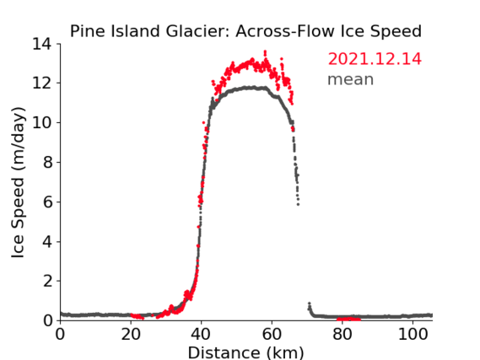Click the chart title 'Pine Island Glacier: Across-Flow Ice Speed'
click(x=245, y=31)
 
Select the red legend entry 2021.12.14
click(x=375, y=59)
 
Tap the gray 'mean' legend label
click(x=351, y=79)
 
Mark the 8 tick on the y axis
click(x=48, y=162)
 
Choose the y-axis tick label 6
click(x=48, y=201)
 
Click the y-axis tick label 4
click(x=48, y=242)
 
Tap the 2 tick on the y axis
click(x=48, y=281)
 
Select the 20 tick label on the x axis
click(x=131, y=335)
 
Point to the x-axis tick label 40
click(x=201, y=335)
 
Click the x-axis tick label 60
click(x=272, y=335)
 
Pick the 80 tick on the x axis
click(x=342, y=335)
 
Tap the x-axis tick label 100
click(x=413, y=335)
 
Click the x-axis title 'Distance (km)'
click(x=245, y=352)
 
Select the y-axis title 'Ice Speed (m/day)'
click(x=18, y=183)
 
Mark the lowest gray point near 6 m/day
click(x=298, y=204)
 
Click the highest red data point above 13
click(x=265, y=51)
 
